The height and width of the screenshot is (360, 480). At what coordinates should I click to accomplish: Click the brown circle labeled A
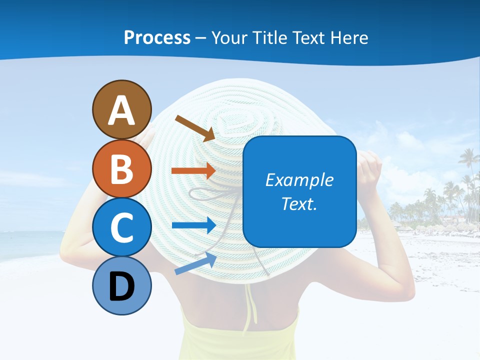tap(121, 109)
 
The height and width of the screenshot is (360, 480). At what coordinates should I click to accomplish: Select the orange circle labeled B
tap(121, 168)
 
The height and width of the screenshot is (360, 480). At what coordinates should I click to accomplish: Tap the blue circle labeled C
tap(121, 227)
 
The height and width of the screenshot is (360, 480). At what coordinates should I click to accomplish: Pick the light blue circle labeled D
tap(121, 286)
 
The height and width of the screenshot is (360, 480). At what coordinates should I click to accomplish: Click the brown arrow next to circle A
tap(195, 128)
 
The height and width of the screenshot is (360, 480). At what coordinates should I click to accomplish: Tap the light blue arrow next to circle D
tap(195, 263)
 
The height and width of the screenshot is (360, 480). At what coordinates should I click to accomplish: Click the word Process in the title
tap(157, 37)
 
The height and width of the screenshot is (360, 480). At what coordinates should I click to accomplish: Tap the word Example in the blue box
tap(299, 180)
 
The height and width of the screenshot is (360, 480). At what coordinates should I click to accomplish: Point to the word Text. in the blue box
tap(299, 203)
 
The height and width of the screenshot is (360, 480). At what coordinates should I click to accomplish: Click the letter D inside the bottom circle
tap(121, 286)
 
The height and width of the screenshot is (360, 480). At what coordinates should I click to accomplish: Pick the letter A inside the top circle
tap(121, 110)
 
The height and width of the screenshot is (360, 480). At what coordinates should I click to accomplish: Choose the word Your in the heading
tap(229, 37)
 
